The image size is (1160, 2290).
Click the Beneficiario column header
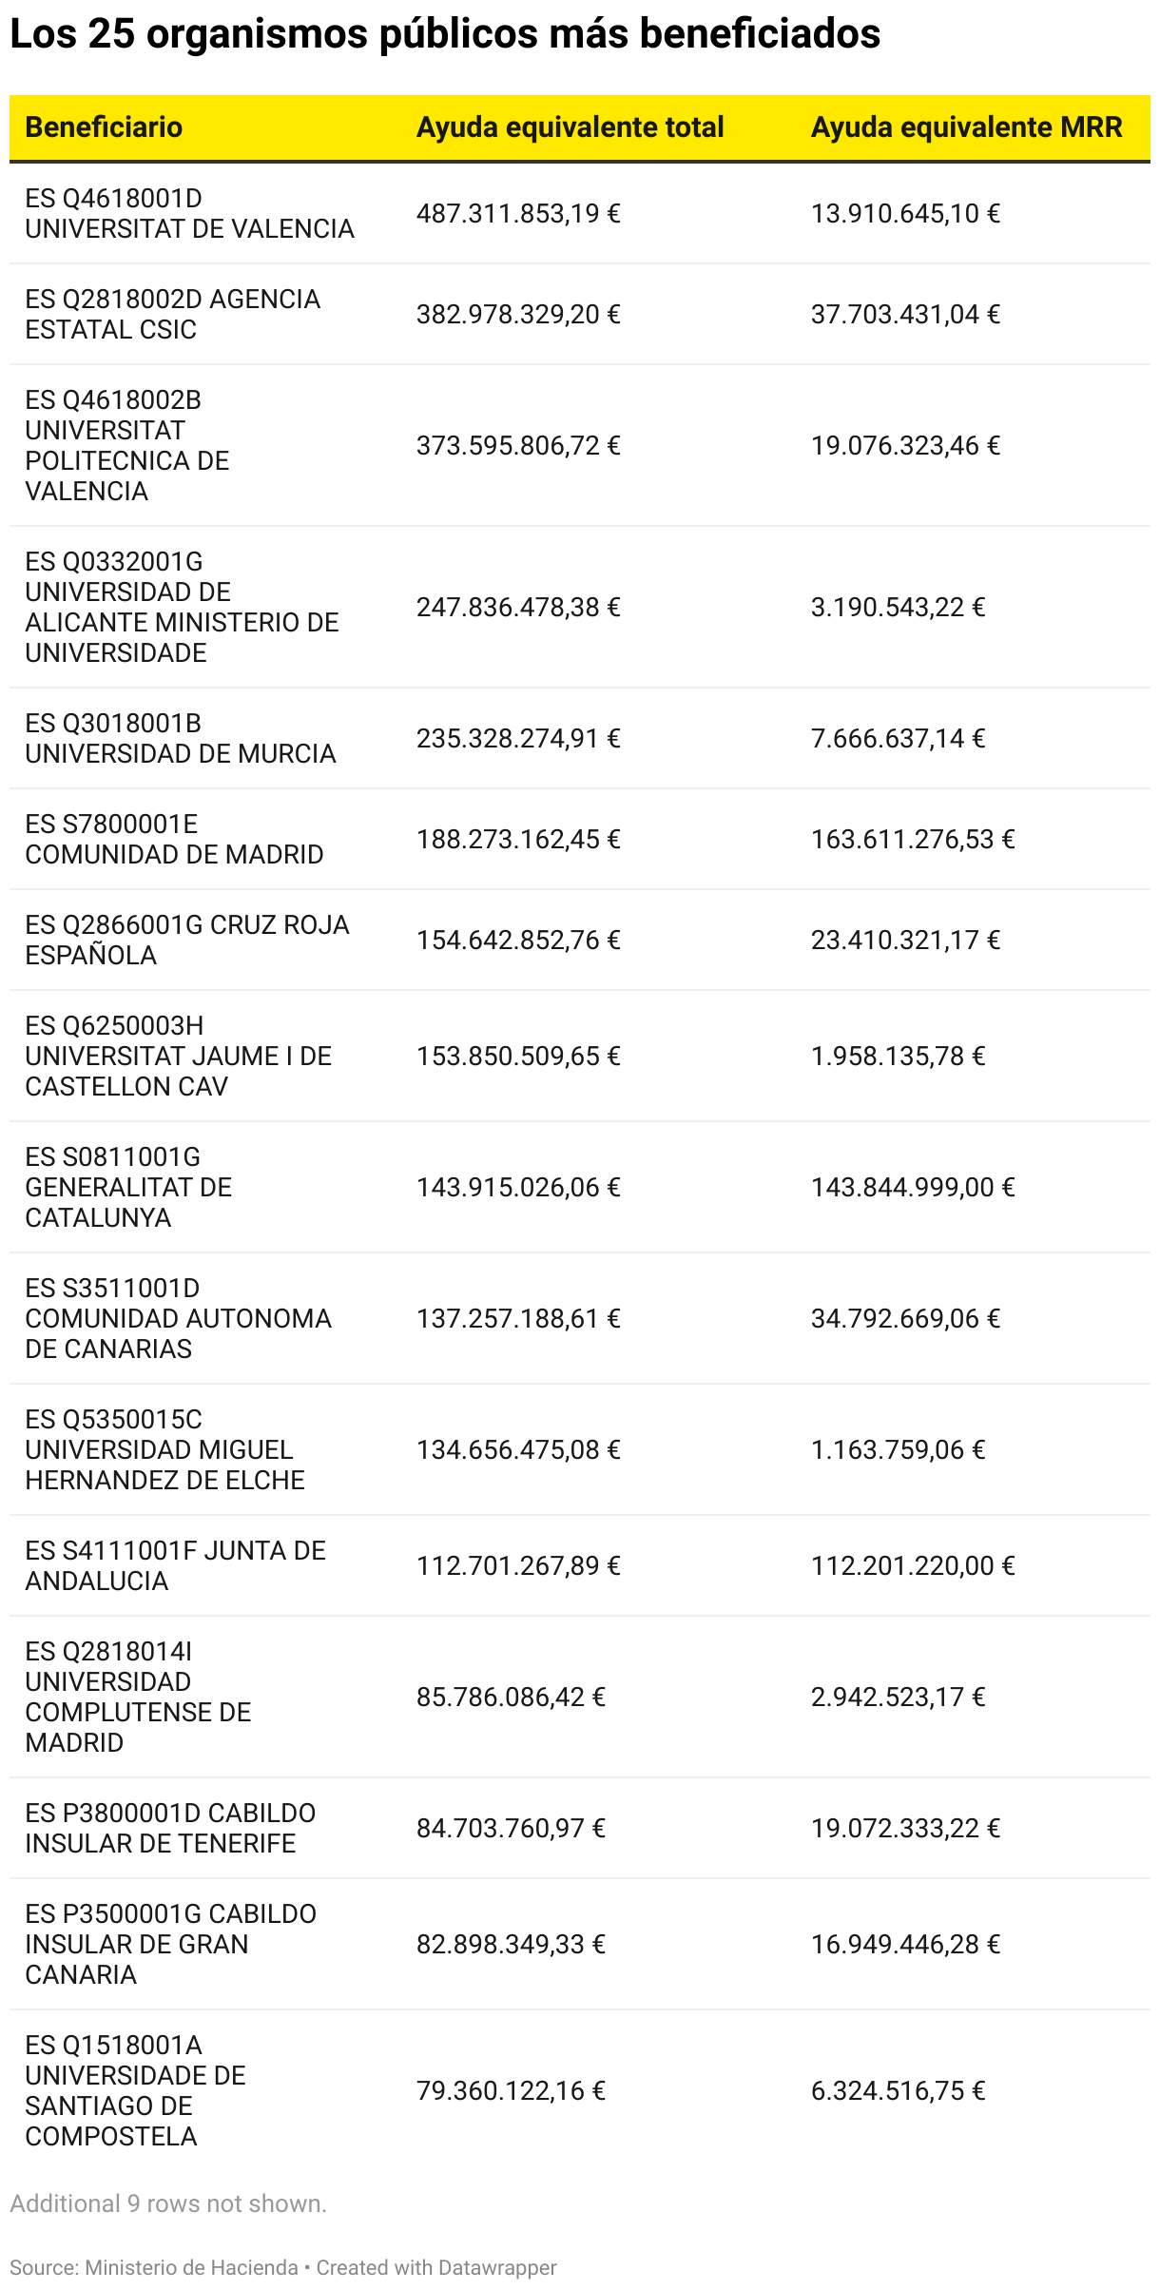(104, 127)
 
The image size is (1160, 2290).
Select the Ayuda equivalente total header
(570, 127)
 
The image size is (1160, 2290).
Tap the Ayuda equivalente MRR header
(966, 127)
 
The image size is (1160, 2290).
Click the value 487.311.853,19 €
(518, 214)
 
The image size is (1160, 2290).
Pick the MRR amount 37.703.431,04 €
(905, 315)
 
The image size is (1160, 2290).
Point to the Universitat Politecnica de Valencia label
(126, 446)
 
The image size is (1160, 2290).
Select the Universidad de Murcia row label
(180, 739)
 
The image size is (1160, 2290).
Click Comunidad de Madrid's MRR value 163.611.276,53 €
(913, 840)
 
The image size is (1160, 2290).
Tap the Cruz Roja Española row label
(186, 941)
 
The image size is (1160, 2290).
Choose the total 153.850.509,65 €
(518, 1057)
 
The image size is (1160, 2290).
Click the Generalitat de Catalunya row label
(128, 1188)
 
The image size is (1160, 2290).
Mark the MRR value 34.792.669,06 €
(905, 1319)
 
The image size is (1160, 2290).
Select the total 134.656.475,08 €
(518, 1450)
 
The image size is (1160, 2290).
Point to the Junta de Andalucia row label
(175, 1566)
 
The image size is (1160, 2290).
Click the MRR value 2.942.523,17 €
(898, 1698)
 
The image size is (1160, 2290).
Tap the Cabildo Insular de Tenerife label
(170, 1829)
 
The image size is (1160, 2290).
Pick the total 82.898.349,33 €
(511, 1945)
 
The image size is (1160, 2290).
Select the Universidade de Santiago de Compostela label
(135, 2091)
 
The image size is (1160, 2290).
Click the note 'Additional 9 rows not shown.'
(168, 2204)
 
